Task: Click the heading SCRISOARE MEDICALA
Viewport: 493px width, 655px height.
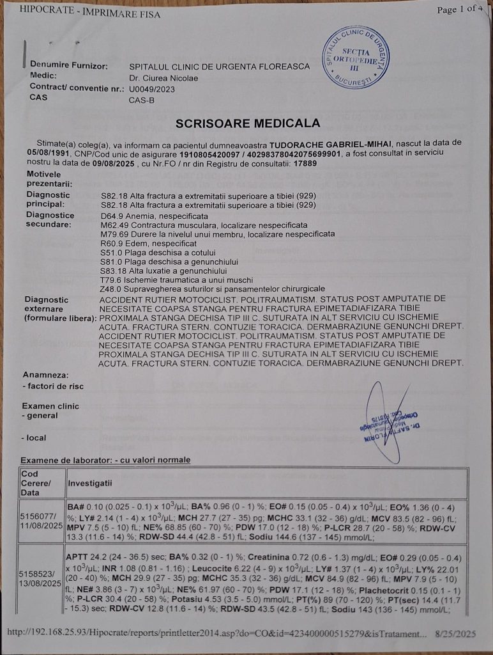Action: [248, 123]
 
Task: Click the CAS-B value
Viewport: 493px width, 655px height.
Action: [141, 100]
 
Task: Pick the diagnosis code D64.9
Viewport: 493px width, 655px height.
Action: [111, 216]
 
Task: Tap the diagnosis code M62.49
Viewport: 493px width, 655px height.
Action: [114, 225]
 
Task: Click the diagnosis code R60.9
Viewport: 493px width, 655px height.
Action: [111, 244]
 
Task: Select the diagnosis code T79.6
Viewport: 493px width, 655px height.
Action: [110, 280]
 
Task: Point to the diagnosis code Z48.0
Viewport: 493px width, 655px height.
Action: [111, 289]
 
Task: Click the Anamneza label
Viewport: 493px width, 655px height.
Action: [45, 374]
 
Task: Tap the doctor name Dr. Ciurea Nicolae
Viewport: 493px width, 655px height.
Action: [163, 78]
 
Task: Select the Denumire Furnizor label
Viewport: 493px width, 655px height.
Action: [68, 66]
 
